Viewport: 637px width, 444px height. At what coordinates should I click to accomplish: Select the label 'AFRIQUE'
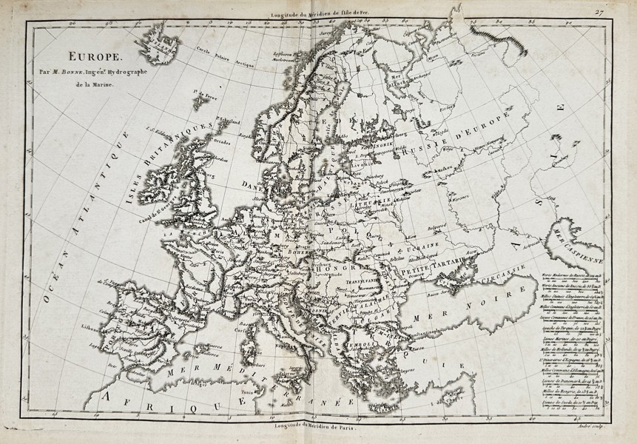(149, 400)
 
